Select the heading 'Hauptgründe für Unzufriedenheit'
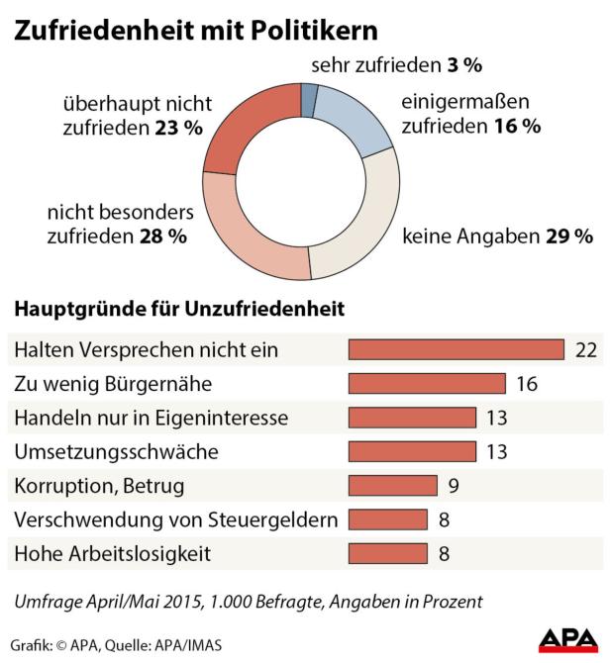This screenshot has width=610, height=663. coord(179,309)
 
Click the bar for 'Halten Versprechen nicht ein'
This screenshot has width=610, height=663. coord(456,350)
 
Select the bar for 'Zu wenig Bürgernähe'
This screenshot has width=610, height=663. coord(427,384)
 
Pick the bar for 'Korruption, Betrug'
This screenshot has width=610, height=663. coord(392,485)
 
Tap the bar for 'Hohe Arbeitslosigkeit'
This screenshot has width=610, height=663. coord(387,552)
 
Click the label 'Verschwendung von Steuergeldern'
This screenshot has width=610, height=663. coord(175,519)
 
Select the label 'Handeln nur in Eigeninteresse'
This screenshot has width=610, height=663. coord(150,418)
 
